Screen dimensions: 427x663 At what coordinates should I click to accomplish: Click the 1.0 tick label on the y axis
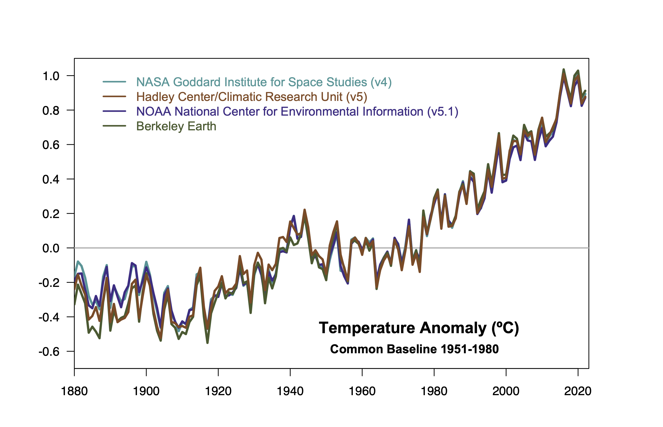tap(51, 76)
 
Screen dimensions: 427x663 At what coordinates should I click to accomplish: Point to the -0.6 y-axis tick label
tap(49, 352)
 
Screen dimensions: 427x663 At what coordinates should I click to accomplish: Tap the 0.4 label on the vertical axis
tap(51, 179)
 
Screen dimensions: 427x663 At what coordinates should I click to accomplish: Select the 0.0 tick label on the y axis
tap(51, 248)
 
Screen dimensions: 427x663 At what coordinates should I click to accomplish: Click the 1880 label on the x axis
tap(74, 391)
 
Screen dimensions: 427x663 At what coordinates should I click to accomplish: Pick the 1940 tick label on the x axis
tap(290, 391)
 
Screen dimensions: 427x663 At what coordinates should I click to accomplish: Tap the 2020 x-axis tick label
tap(577, 391)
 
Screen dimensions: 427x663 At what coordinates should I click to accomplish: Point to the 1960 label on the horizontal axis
tap(362, 391)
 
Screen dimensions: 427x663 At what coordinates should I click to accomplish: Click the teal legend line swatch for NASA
tap(114, 82)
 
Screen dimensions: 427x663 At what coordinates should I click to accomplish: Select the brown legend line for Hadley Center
tap(114, 97)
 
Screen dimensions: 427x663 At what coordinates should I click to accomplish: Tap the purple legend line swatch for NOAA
tap(114, 111)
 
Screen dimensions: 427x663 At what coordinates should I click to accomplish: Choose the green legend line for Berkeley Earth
tap(114, 126)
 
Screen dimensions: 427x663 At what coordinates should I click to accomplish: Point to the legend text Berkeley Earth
tap(176, 126)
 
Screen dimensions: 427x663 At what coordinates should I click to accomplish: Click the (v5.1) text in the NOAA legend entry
tap(442, 111)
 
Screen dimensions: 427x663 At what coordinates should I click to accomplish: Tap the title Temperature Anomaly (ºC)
tap(419, 328)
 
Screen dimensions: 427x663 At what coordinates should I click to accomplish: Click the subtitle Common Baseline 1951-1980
tap(414, 349)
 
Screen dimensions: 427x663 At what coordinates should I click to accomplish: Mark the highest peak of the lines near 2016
tap(564, 70)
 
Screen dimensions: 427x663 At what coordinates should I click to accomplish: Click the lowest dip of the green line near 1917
tap(208, 343)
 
